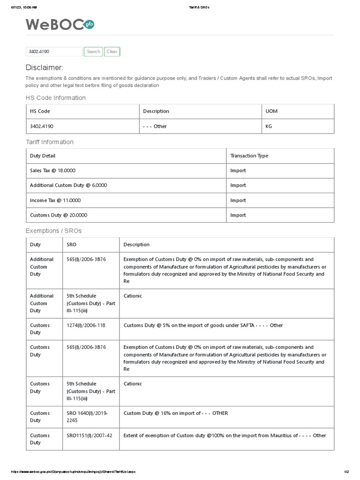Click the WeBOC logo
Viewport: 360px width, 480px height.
60,25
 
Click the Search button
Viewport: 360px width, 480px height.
93,52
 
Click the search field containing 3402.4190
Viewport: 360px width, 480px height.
54,52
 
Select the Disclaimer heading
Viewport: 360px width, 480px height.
44,67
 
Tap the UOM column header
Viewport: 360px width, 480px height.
271,111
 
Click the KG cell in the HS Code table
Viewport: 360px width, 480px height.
269,126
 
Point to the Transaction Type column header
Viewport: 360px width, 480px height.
249,156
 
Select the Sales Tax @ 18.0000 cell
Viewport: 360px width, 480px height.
52,171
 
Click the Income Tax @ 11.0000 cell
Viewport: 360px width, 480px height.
55,200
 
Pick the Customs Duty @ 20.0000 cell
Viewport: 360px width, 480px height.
59,215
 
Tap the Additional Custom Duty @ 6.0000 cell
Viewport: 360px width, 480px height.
68,185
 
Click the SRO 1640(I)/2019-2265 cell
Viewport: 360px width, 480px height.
88,417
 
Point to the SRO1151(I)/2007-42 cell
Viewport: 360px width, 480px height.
90,435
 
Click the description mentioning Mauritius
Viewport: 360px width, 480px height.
225,435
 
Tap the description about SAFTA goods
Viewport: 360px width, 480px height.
203,325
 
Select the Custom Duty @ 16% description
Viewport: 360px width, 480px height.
175,413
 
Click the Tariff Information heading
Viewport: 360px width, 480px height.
49,142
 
